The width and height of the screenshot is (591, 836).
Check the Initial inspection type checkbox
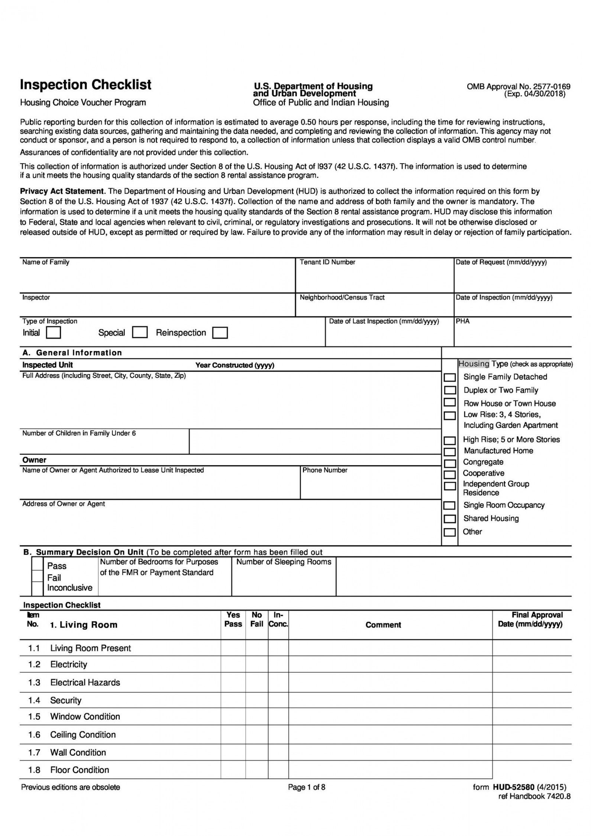(53, 332)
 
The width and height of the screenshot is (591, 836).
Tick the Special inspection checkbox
(140, 332)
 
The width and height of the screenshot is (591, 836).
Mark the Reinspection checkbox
(220, 333)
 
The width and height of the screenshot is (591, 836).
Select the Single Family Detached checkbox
(450, 377)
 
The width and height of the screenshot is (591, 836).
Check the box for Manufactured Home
(450, 451)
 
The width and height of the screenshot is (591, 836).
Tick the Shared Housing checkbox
(450, 519)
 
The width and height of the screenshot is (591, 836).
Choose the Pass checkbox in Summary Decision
(38, 564)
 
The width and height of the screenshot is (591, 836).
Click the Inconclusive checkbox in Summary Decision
(38, 588)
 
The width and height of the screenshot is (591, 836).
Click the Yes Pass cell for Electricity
(233, 664)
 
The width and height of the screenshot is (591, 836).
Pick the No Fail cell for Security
(256, 700)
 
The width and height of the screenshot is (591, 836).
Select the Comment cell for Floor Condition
(390, 769)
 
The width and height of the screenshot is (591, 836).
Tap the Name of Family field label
(46, 262)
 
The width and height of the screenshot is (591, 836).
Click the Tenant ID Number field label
(327, 262)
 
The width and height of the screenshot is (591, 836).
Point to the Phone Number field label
(325, 470)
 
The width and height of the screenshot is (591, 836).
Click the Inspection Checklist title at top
(85, 85)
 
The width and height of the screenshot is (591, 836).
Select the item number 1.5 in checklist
(34, 716)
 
